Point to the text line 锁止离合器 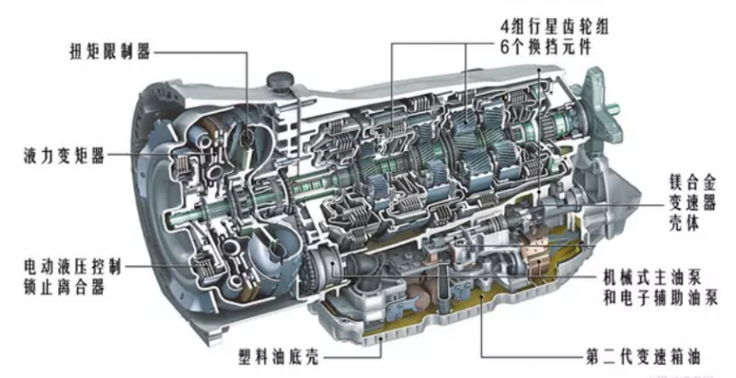pyautogui.click(x=58, y=288)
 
